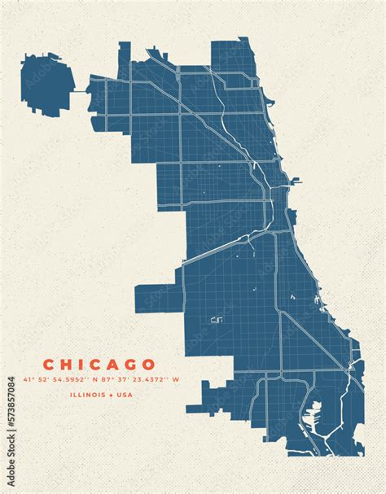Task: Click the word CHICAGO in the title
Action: pos(98,364)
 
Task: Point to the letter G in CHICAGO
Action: pos(131,364)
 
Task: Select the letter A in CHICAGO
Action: pos(113,364)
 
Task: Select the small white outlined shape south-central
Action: pos(216,320)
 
